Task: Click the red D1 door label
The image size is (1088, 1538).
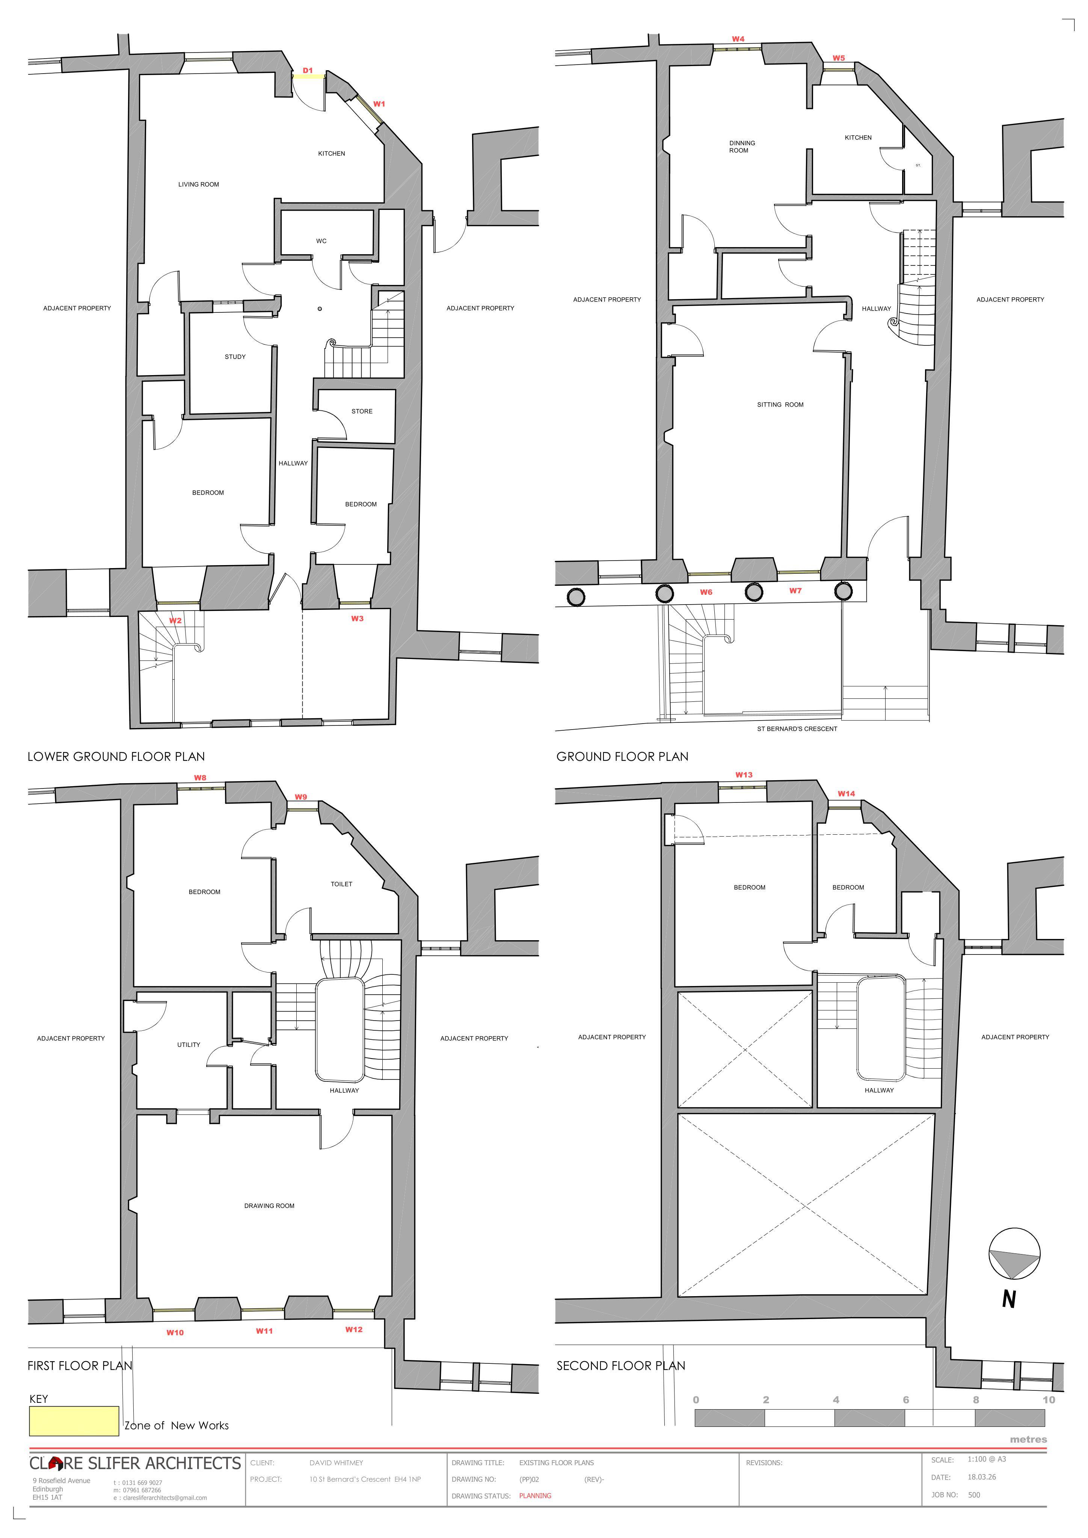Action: tap(308, 70)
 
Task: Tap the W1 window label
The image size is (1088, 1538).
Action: tap(379, 104)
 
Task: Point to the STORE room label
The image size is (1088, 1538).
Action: tap(362, 411)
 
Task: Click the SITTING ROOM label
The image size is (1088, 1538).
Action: tap(780, 405)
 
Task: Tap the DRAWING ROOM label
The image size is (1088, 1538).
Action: tap(269, 1206)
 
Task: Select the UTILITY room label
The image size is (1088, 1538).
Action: tap(189, 1044)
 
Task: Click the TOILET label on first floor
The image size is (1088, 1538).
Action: tap(342, 884)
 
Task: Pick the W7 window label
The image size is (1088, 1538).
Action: tap(795, 591)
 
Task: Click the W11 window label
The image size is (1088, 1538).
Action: tap(265, 1331)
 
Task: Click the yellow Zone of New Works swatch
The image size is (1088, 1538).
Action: tap(74, 1421)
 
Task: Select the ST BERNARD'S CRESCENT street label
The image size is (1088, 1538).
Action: tap(797, 729)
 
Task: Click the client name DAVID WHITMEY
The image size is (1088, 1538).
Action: tap(337, 1463)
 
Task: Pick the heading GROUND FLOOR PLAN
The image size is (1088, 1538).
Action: tap(622, 757)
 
